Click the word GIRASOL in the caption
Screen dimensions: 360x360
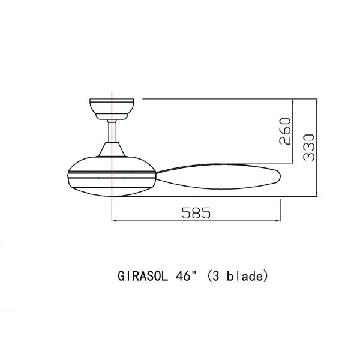pos(141,277)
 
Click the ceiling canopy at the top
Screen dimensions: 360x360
pos(112,107)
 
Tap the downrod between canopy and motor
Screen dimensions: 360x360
pos(112,130)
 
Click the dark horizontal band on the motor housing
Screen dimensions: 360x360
pos(90,176)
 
